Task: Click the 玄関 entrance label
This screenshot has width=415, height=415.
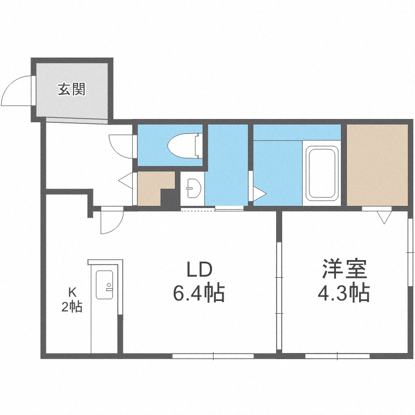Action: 72,89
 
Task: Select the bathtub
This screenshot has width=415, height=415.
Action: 322,174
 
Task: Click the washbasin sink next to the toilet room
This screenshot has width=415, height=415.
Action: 192,189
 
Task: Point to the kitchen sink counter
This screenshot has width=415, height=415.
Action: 105,285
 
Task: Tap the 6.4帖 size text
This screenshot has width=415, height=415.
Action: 199,293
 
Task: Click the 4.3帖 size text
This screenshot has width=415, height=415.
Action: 344,293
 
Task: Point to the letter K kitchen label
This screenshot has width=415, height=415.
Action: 72,292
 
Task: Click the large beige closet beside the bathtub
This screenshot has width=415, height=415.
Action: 377,164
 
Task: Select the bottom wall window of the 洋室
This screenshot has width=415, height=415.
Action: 330,356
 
